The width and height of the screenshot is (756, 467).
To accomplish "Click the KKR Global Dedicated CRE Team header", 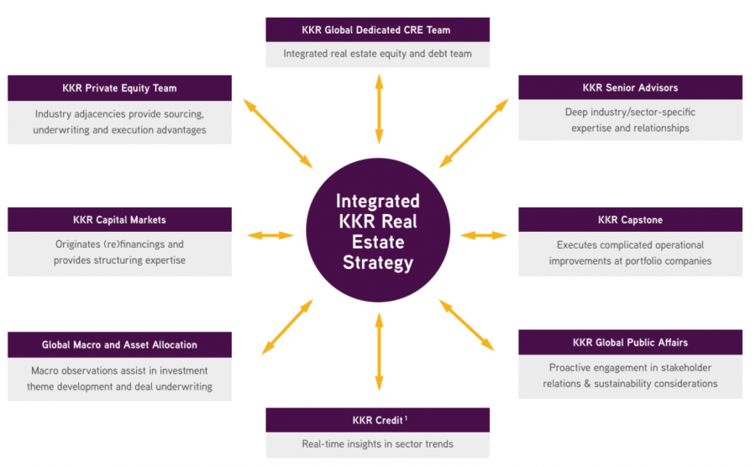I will tap(377, 29).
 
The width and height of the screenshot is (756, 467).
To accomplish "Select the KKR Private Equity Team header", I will tap(119, 88).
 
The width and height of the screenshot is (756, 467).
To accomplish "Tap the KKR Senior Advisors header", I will tap(630, 87).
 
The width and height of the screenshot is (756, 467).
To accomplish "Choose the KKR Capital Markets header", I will tap(119, 220).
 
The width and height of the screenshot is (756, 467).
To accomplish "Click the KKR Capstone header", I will tap(630, 220).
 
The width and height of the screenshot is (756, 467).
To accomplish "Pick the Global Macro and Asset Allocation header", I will tap(119, 344).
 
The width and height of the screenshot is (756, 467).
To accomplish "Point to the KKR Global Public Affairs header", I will tap(630, 342).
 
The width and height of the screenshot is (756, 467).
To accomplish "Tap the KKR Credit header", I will tap(377, 420).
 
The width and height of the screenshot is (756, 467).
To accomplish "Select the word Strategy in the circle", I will tap(378, 263).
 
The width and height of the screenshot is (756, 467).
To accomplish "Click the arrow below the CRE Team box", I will tap(379, 108).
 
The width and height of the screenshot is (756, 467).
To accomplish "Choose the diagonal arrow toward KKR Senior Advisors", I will tap(474, 133).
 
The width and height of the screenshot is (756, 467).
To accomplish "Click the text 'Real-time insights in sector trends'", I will tap(377, 444).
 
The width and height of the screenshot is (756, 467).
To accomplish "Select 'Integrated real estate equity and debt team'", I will tap(377, 54).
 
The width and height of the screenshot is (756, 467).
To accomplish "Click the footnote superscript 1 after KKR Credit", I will tap(407, 417).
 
